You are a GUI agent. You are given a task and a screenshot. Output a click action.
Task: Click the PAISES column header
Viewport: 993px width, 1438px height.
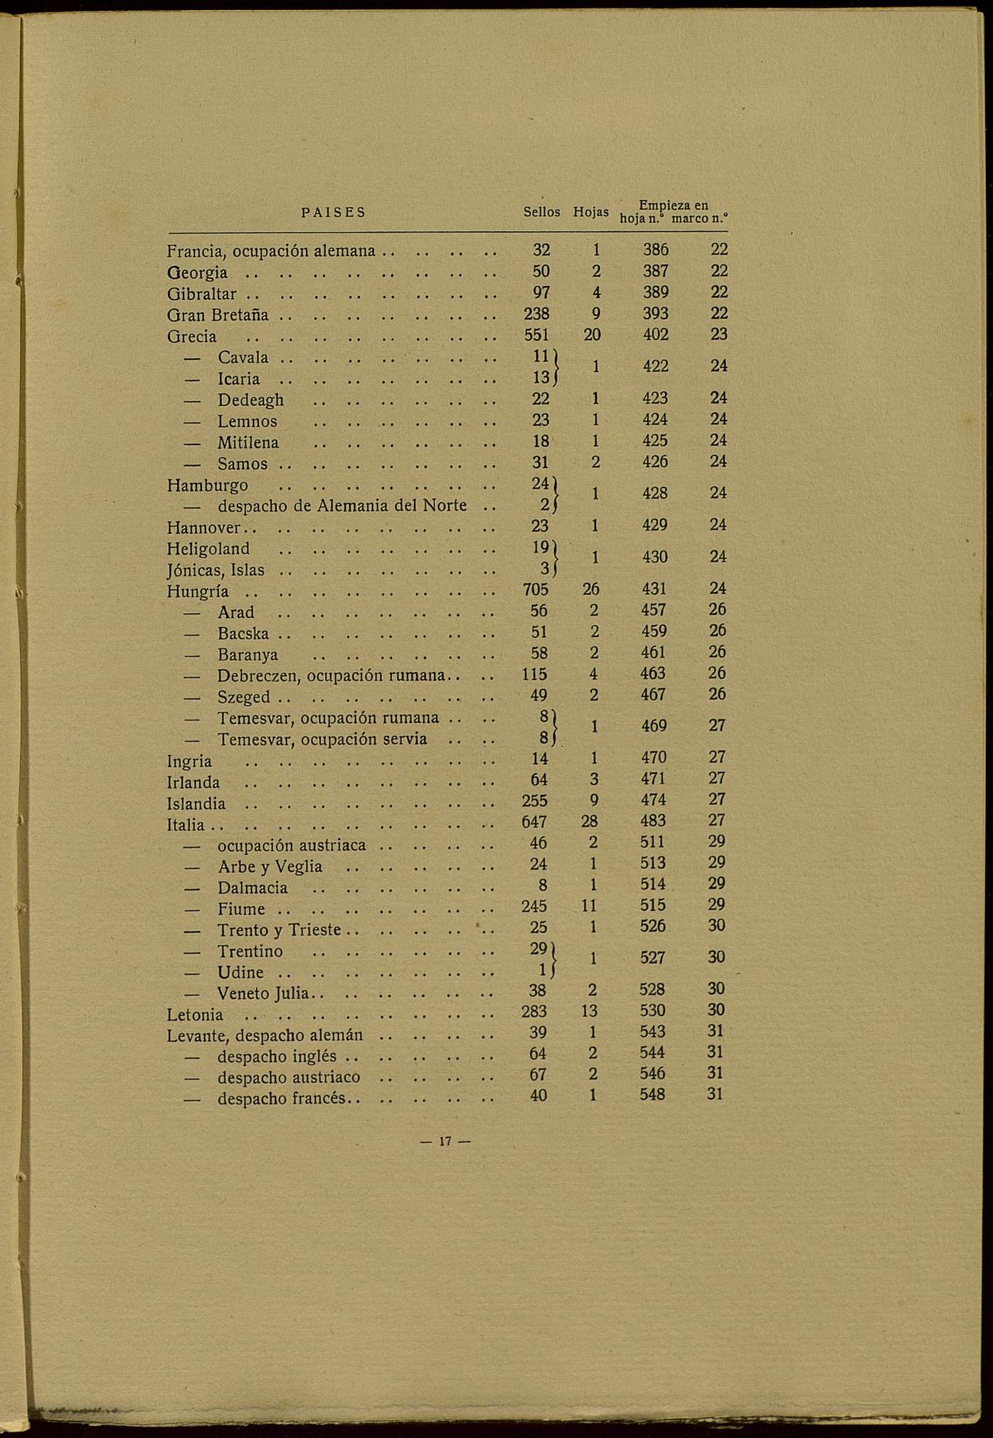(x=333, y=212)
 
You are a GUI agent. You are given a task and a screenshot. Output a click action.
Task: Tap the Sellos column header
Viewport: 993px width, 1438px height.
(x=541, y=212)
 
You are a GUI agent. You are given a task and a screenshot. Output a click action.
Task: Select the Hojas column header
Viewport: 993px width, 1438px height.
(x=590, y=212)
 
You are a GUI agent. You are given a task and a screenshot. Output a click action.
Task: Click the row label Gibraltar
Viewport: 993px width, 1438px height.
(x=202, y=294)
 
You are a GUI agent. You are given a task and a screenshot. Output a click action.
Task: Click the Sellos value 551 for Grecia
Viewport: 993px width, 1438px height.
(x=536, y=335)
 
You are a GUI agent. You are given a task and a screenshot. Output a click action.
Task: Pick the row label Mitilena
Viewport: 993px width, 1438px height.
(x=248, y=443)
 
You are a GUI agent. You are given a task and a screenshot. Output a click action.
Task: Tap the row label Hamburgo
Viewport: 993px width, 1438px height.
(x=208, y=486)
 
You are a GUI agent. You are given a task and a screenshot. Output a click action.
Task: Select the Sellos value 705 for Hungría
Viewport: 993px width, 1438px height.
(x=535, y=590)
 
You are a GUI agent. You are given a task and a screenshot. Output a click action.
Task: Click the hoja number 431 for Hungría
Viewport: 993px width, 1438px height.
(x=654, y=590)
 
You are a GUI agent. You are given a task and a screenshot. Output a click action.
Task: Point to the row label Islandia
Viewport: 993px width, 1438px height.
(x=196, y=804)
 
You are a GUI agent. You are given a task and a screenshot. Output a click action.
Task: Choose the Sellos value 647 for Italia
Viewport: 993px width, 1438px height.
(x=534, y=822)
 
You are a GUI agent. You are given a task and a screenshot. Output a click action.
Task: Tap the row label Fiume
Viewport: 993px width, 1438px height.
(x=241, y=910)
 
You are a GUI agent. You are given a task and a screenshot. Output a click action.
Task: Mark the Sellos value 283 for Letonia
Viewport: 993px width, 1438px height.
(x=534, y=1011)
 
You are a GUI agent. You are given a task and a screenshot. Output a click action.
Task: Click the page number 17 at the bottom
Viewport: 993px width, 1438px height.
(x=445, y=1142)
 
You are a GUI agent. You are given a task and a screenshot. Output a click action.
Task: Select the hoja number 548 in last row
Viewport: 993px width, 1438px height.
(x=652, y=1095)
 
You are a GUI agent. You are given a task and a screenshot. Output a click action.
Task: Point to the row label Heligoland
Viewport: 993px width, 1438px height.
(x=208, y=549)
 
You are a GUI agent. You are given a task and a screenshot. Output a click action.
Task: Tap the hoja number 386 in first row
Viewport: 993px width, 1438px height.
(x=655, y=250)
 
